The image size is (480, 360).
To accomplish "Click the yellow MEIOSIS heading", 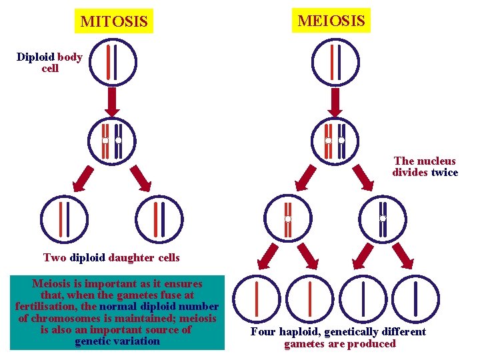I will point(331,20).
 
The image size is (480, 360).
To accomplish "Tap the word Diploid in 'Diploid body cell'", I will point(36,57).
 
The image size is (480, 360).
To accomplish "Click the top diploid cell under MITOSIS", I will point(113,62).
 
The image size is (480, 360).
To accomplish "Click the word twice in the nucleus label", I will point(445,173).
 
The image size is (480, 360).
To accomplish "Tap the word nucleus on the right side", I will point(438,161).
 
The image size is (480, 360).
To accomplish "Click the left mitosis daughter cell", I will point(64,219).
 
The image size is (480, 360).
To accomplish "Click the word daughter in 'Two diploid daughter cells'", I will point(131,257).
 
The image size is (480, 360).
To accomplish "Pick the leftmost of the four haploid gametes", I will point(257,299).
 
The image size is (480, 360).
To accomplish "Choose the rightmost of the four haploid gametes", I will point(416,299).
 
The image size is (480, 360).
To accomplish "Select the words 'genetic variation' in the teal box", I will point(117,341).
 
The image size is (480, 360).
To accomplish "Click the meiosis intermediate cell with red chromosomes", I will point(287,218).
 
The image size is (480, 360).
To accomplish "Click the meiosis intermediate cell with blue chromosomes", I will point(383,218).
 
